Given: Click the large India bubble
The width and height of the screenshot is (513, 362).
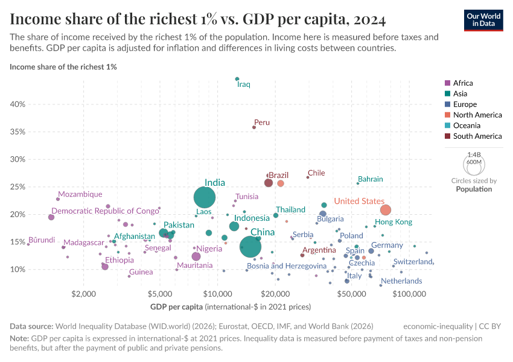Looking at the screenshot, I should [206, 197].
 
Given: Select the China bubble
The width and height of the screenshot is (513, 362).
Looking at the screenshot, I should [250, 246].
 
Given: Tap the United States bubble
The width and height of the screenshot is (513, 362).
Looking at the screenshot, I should [386, 210].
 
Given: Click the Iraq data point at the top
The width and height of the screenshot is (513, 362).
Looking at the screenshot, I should [237, 79].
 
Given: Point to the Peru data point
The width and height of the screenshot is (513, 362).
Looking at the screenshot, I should [254, 127].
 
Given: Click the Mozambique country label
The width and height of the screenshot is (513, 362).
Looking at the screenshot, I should [80, 195].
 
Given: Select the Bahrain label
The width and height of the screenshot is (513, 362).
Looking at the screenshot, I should [370, 179].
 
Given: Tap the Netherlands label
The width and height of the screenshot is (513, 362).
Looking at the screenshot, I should [401, 281].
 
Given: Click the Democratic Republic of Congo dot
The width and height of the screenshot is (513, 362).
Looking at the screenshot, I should [51, 217].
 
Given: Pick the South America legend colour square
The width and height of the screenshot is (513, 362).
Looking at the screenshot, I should [447, 136].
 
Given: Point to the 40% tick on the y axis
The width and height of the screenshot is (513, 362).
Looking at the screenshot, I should [17, 104].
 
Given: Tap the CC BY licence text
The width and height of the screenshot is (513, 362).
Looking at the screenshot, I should [490, 326].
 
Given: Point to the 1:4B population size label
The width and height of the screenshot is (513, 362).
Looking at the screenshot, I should [474, 155].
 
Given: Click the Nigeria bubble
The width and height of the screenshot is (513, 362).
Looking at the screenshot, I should [196, 256].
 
